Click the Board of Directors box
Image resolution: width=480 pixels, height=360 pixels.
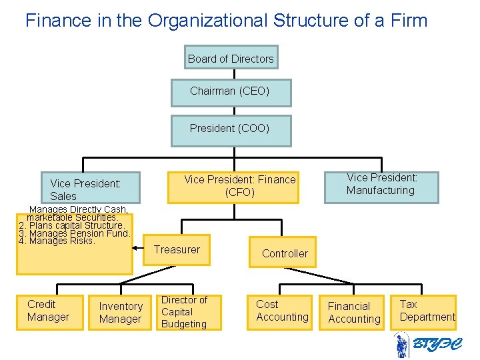(231, 58)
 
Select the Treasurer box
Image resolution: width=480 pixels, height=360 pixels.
(177, 250)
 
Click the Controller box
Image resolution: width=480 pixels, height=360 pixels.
(284, 253)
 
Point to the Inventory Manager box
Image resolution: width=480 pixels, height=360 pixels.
(120, 312)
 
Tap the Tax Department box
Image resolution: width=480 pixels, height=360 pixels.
(425, 311)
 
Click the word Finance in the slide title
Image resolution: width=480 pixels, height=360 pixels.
(53, 21)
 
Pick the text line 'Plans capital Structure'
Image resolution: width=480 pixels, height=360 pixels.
(76, 225)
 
